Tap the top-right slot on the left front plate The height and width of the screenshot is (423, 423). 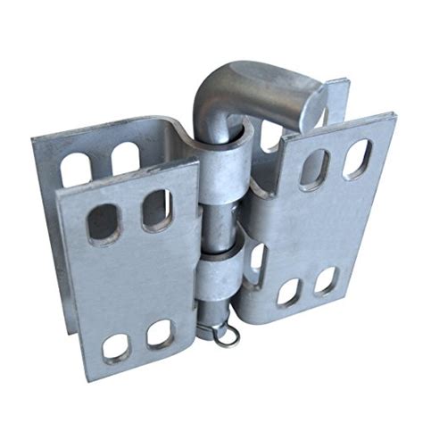(154, 208)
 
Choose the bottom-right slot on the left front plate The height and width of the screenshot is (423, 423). (160, 334)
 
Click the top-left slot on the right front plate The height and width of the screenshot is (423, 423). (313, 169)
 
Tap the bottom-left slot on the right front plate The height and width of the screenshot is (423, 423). (287, 293)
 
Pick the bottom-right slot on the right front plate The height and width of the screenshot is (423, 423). (326, 280)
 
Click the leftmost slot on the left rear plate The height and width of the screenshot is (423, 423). (76, 168)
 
